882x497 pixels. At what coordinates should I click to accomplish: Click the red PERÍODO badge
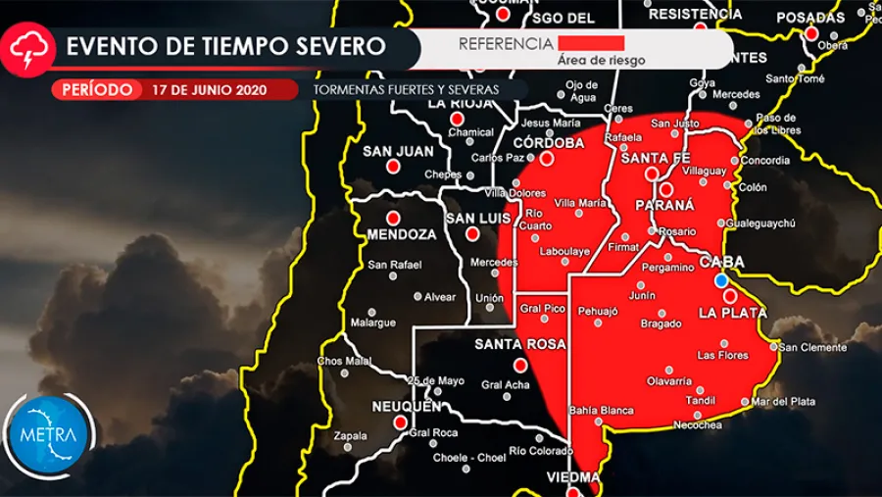[96, 89]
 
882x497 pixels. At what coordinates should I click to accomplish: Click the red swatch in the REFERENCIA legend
[591, 43]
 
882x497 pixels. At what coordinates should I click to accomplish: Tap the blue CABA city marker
[721, 280]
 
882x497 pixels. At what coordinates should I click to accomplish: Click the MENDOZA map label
[401, 235]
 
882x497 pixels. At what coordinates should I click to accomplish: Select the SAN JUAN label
[398, 151]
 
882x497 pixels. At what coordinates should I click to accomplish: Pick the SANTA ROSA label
[520, 344]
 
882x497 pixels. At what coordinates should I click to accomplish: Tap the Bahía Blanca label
[601, 411]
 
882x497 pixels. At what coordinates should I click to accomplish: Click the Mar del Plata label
[785, 401]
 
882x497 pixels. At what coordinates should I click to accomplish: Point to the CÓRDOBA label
[549, 142]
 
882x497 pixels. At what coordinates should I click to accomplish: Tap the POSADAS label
[810, 18]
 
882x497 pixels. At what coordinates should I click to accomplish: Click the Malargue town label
[373, 323]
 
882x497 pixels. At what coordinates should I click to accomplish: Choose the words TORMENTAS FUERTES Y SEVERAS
[406, 89]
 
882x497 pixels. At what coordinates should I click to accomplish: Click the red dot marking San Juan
[393, 167]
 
